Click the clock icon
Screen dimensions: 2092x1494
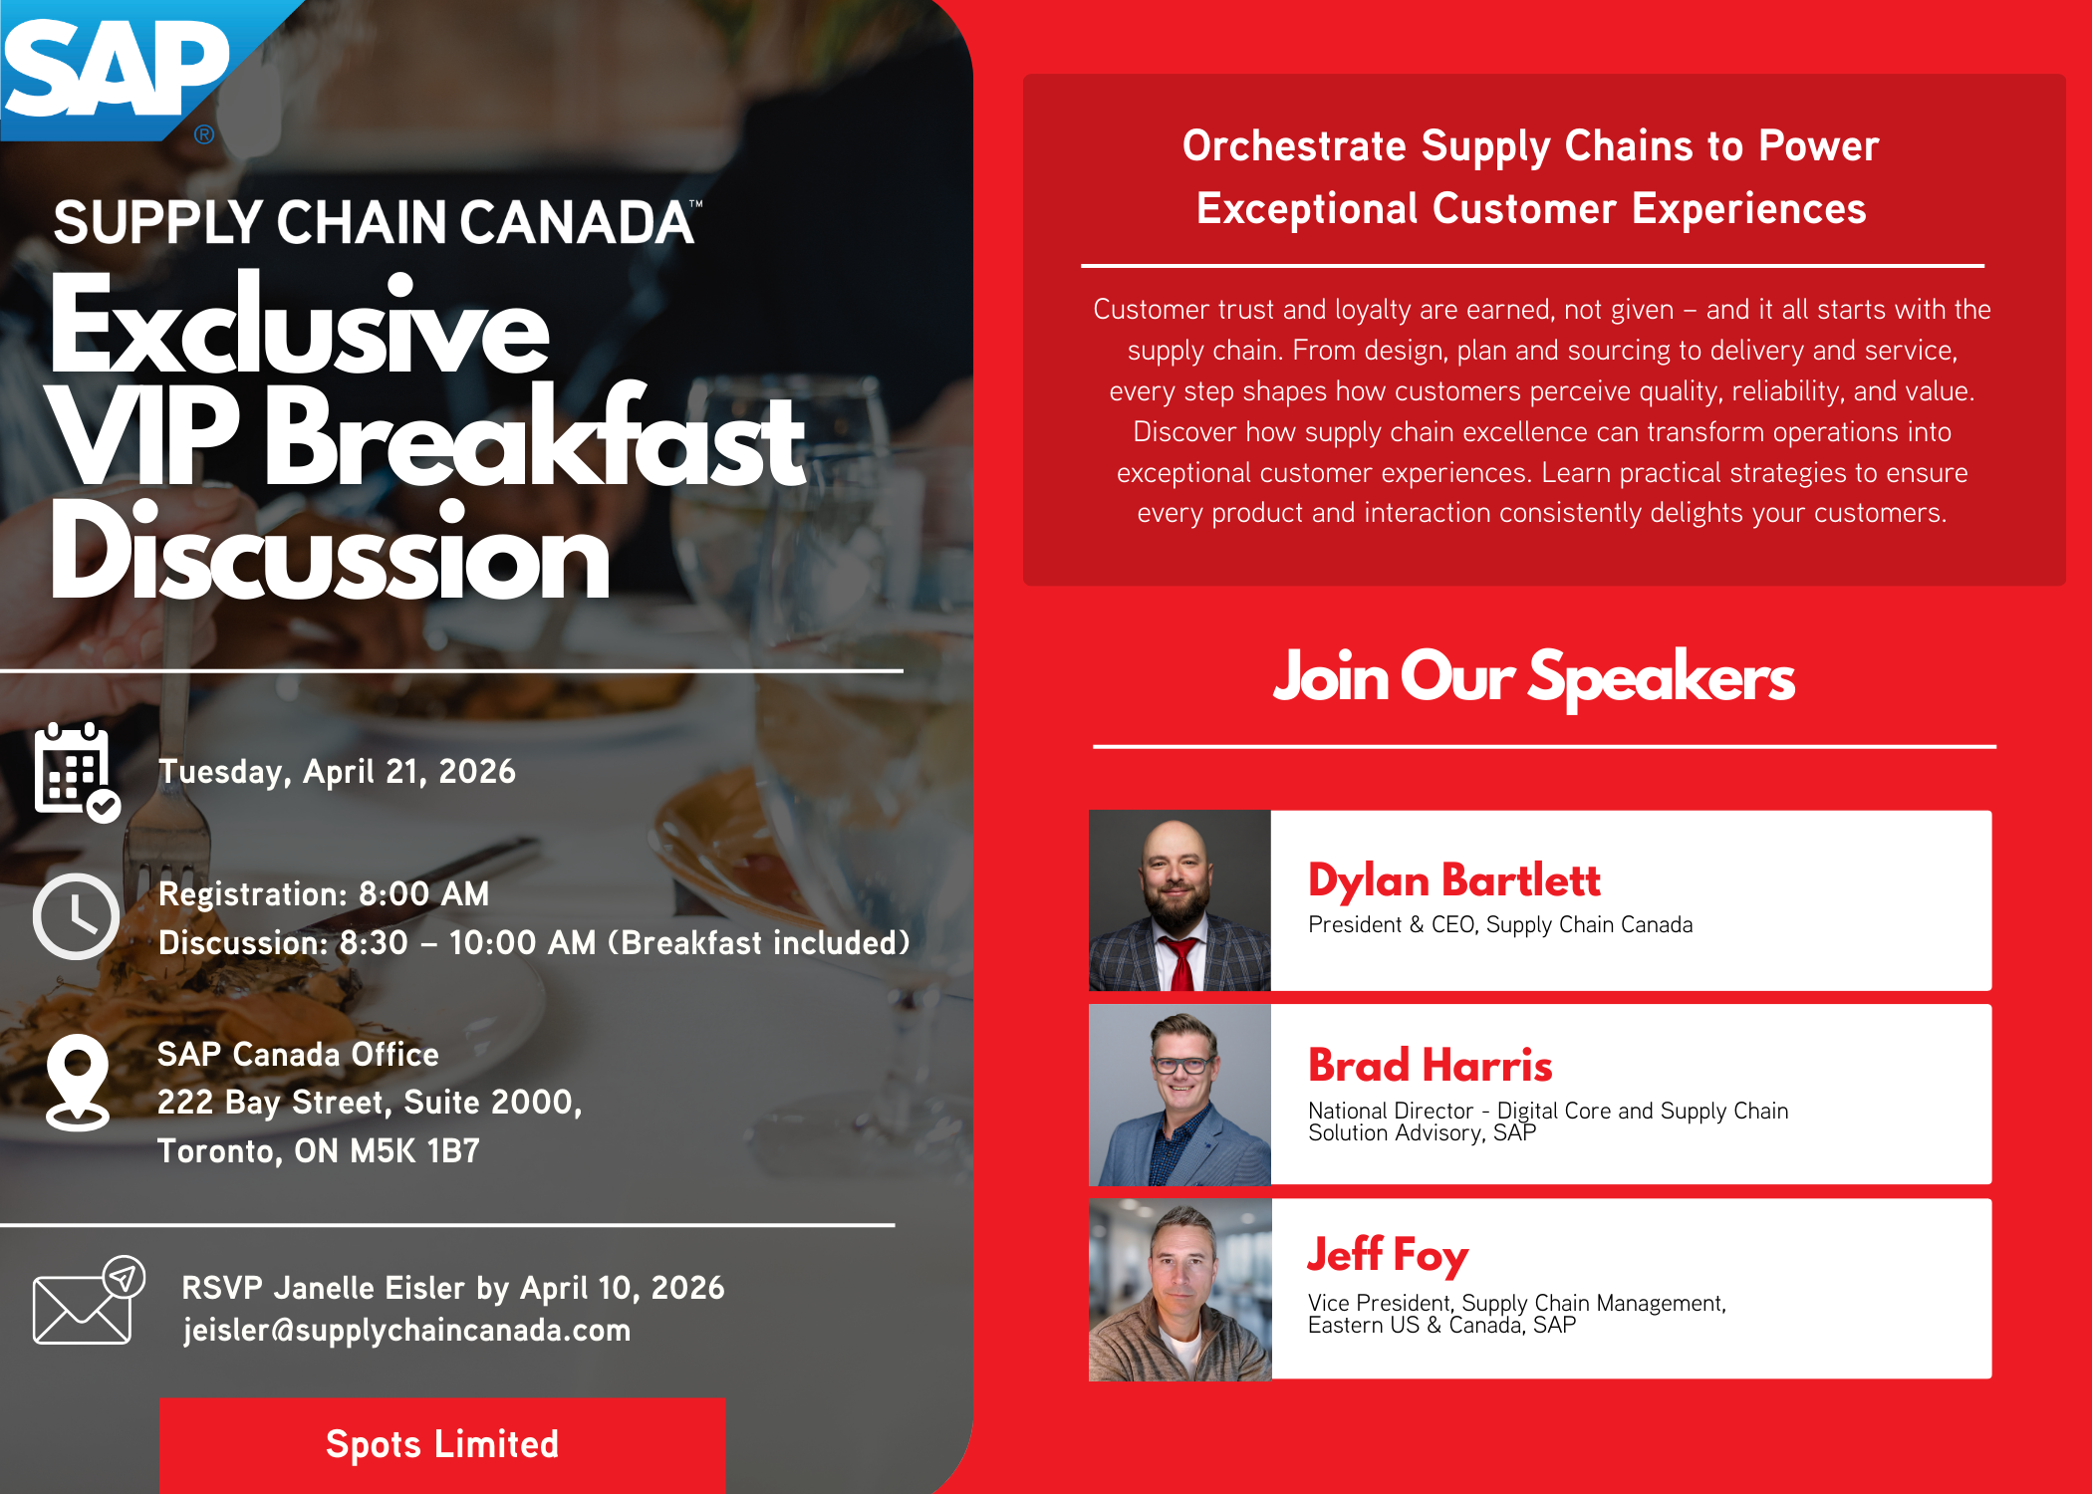tap(77, 916)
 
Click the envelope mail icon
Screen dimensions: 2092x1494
tap(88, 1301)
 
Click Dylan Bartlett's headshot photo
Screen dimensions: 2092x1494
tap(1179, 900)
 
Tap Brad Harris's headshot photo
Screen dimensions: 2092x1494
tap(1179, 1095)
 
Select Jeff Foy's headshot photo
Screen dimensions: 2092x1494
tap(1179, 1290)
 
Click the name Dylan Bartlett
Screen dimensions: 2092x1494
tap(1453, 880)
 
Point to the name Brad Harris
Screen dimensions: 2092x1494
tap(1430, 1066)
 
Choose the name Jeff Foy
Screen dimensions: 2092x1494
tap(1388, 1255)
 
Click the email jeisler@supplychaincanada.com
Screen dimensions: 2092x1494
tap(406, 1331)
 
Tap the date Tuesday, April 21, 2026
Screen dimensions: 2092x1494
tap(337, 772)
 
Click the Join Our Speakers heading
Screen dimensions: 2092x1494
tap(1534, 678)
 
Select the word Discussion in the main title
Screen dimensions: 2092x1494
tap(330, 551)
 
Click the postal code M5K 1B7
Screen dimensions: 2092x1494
tap(414, 1151)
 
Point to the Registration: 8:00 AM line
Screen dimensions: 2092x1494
tap(324, 894)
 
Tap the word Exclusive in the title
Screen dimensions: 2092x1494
tap(300, 325)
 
